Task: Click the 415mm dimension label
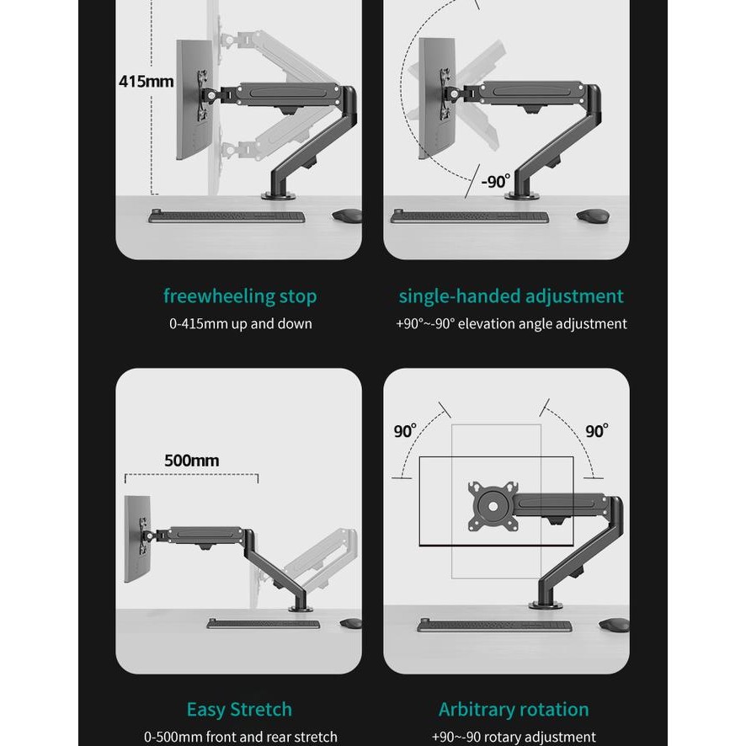pyautogui.click(x=146, y=82)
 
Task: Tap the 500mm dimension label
pyautogui.click(x=191, y=460)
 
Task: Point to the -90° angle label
pyautogui.click(x=496, y=181)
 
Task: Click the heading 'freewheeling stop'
pyautogui.click(x=240, y=296)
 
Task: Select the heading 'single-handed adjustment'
pyautogui.click(x=511, y=296)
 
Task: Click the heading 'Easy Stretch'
pyautogui.click(x=240, y=709)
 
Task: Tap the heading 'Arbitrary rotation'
pyautogui.click(x=514, y=709)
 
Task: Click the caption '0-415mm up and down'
pyautogui.click(x=240, y=324)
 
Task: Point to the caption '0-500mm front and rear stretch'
pyautogui.click(x=240, y=737)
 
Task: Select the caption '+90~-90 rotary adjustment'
pyautogui.click(x=514, y=737)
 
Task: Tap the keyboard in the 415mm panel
pyautogui.click(x=226, y=216)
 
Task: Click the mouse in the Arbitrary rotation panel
pyautogui.click(x=614, y=626)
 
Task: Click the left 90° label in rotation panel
pyautogui.click(x=405, y=431)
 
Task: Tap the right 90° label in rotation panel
pyautogui.click(x=596, y=431)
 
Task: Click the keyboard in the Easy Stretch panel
pyautogui.click(x=264, y=624)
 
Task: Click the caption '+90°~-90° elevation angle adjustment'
pyautogui.click(x=511, y=324)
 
